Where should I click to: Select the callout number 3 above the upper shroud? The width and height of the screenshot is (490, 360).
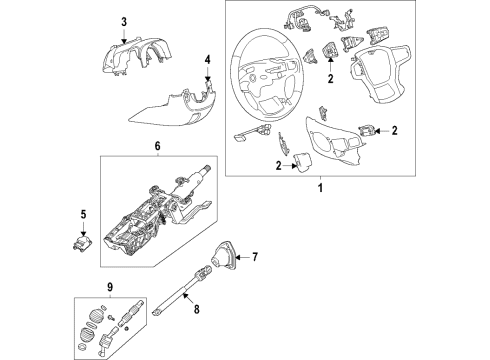coord(124,22)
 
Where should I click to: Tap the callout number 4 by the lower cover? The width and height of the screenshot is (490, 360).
coord(208,59)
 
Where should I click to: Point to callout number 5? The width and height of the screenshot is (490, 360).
coord(85,213)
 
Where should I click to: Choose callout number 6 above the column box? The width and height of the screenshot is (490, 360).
coord(157,146)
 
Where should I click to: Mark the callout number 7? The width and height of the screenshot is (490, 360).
coord(254,258)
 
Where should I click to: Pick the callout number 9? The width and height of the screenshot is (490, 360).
coord(97,292)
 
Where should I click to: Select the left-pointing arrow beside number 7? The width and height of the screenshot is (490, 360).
coord(240,258)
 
